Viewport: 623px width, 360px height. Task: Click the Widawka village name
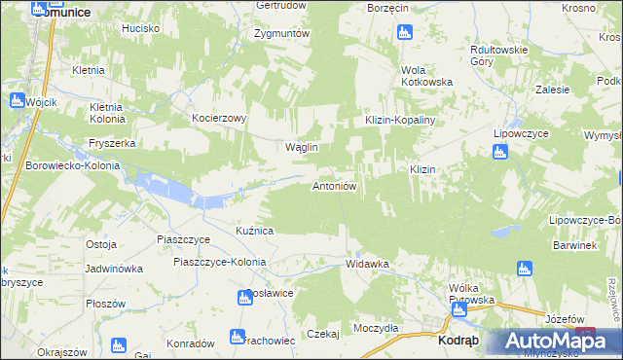click(368, 264)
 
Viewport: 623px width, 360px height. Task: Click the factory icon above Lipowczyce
click(499, 151)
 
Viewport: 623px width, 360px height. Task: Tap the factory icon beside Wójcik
click(17, 99)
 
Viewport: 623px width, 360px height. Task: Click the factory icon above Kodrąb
click(458, 310)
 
